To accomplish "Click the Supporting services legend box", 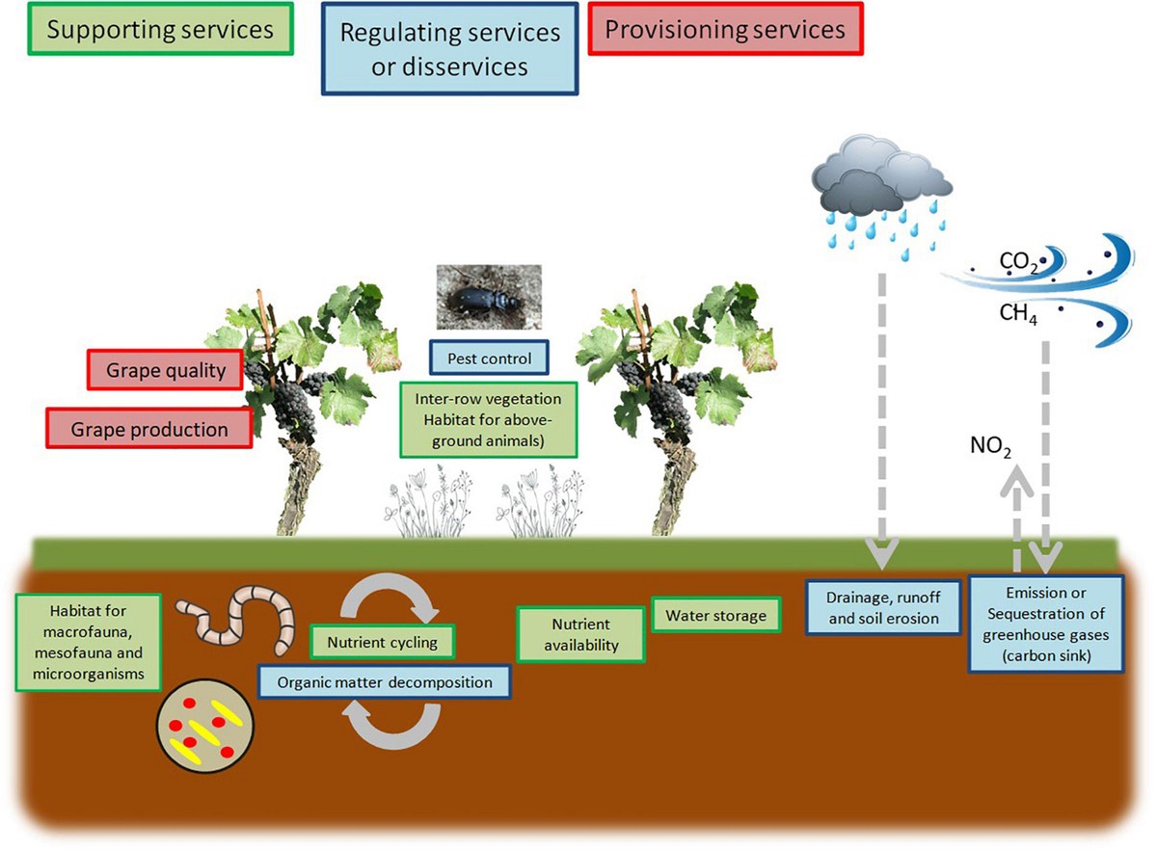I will [160, 30].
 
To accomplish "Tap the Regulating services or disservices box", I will [450, 48].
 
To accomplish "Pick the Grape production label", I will [148, 428].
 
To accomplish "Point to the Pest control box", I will [489, 359].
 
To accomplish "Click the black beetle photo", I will [489, 299].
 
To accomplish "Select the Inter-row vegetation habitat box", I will [489, 420].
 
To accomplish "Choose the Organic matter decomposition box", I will [384, 682].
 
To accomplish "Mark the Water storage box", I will [715, 615].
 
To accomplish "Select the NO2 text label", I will [991, 445].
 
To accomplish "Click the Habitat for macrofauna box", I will [86, 641].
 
